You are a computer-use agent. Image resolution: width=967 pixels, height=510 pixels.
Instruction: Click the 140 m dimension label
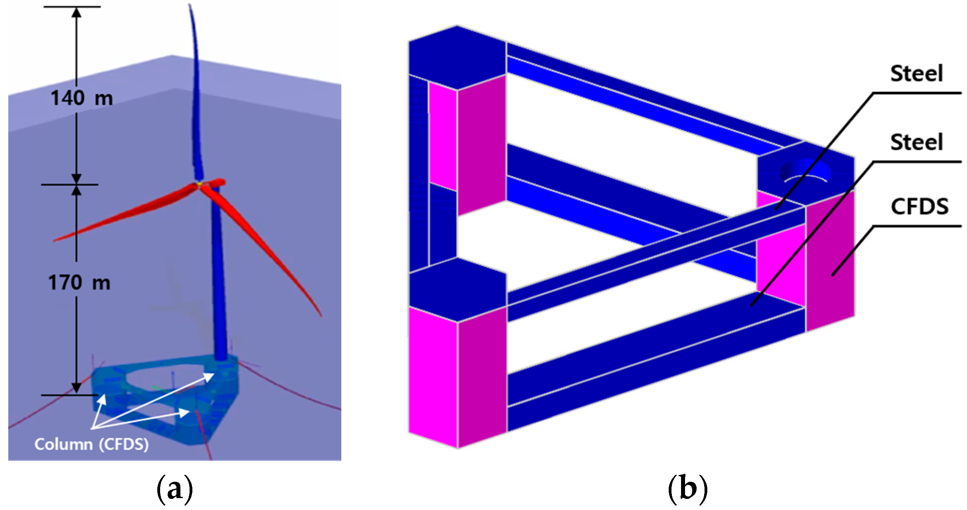click(82, 98)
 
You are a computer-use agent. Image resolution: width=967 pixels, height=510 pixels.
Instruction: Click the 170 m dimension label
click(79, 283)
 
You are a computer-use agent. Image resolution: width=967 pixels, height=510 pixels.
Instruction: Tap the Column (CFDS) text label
click(92, 444)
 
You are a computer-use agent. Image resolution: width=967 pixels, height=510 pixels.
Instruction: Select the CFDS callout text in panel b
click(919, 207)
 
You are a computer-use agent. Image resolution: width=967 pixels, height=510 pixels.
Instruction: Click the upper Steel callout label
click(916, 74)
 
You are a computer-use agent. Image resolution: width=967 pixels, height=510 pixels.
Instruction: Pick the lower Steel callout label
click(916, 142)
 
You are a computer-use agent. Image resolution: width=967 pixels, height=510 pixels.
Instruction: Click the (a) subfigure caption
click(174, 489)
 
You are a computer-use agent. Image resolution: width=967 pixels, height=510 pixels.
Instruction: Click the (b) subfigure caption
click(687, 489)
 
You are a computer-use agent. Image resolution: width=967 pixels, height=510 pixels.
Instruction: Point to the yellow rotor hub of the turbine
click(199, 184)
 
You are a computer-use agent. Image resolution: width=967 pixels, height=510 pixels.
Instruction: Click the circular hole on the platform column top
click(805, 172)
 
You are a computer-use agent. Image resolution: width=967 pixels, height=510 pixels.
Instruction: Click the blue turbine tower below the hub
click(219, 278)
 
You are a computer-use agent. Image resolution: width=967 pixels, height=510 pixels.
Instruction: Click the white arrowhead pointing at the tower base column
click(209, 376)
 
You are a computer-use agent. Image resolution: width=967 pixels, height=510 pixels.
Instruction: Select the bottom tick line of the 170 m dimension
click(70, 395)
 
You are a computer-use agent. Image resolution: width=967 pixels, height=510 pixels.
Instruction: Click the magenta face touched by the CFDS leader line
click(830, 259)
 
